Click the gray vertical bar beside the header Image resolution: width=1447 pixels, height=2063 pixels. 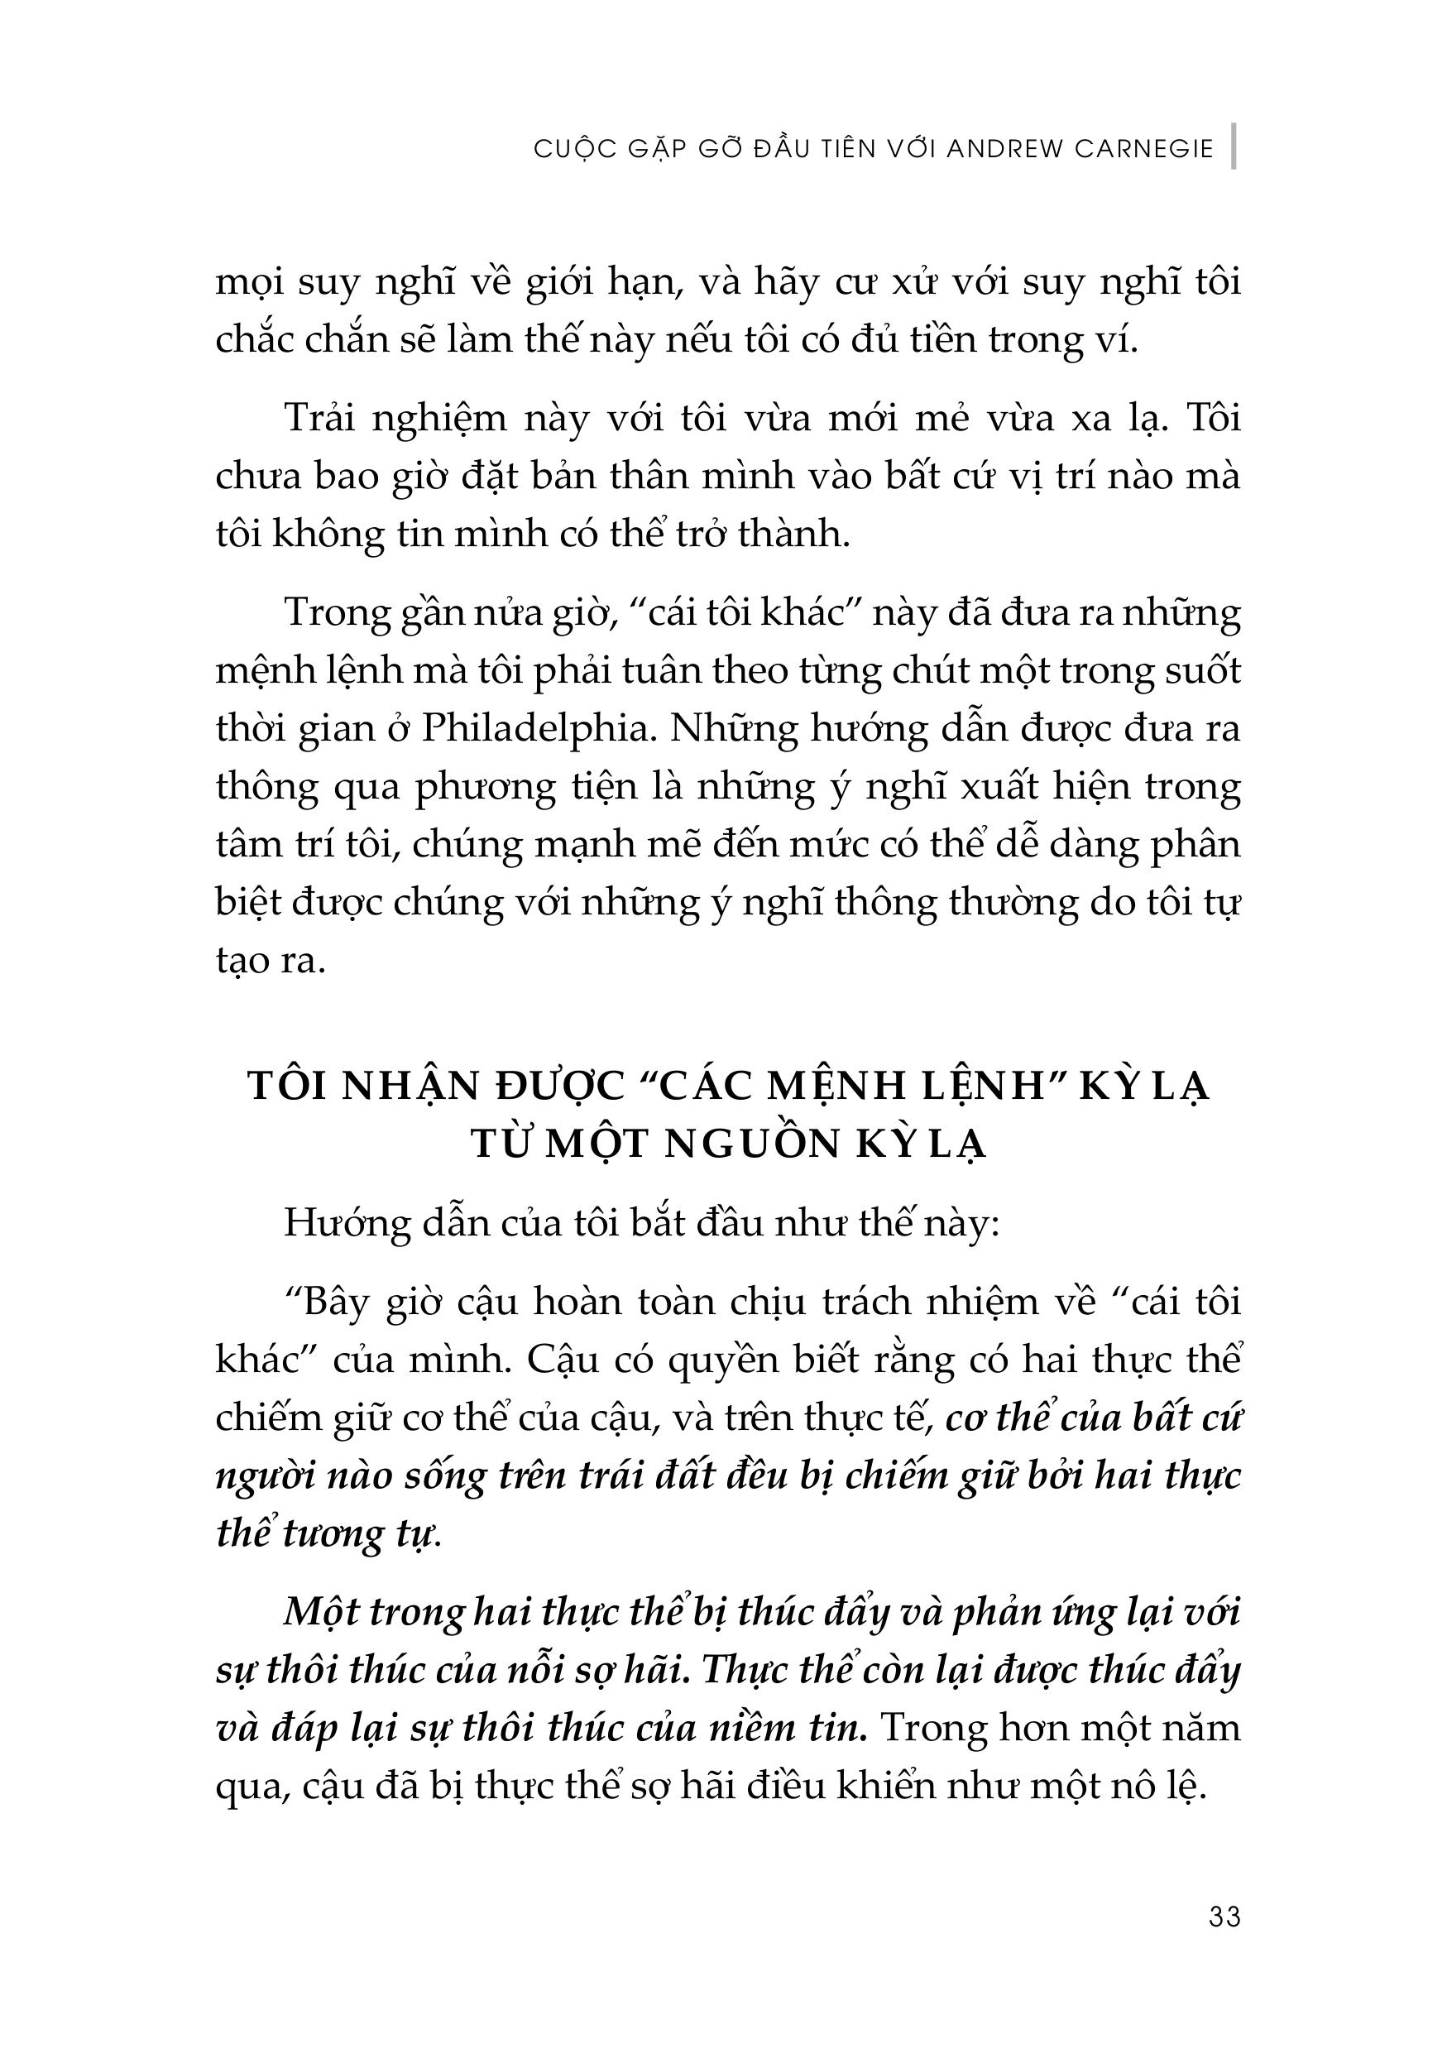click(x=1234, y=146)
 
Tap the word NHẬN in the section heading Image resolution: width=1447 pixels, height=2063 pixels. click(x=411, y=1086)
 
